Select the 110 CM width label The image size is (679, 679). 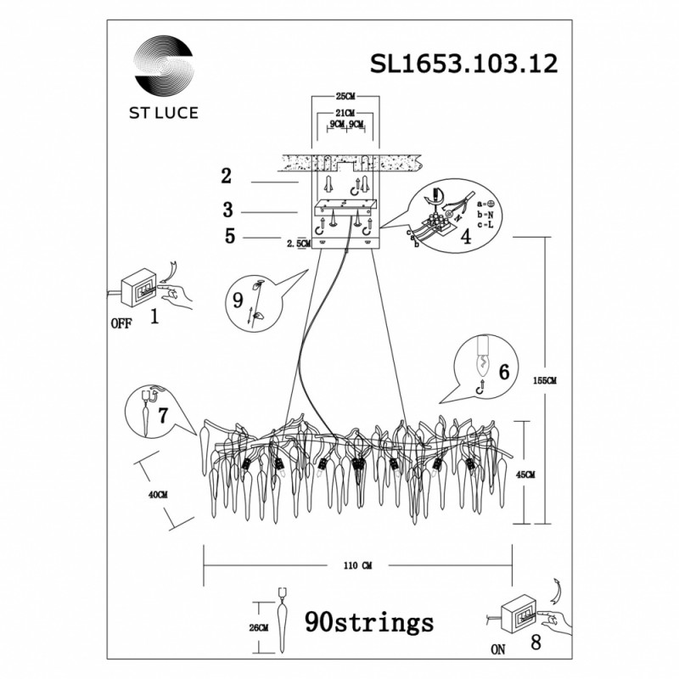click(357, 564)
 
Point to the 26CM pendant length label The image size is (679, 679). click(259, 628)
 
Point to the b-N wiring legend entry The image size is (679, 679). click(489, 216)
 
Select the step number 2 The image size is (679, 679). click(226, 177)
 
